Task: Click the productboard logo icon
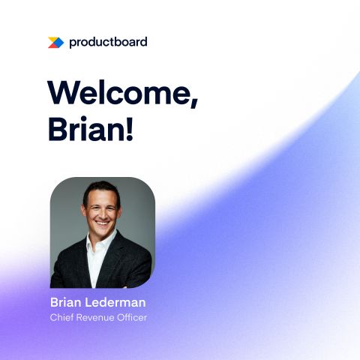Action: pyautogui.click(x=55, y=43)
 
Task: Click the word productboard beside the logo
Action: pyautogui.click(x=108, y=42)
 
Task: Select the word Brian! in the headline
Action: pyautogui.click(x=90, y=128)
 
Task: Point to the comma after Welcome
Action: pyautogui.click(x=194, y=103)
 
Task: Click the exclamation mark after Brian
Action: pyautogui.click(x=130, y=128)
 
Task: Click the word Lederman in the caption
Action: pyautogui.click(x=115, y=302)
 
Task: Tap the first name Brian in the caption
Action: pyautogui.click(x=66, y=302)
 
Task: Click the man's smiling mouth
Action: pyautogui.click(x=102, y=222)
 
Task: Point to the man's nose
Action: pyautogui.click(x=102, y=213)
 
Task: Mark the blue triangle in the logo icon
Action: pyautogui.click(x=59, y=43)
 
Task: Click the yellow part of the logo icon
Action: pyautogui.click(x=52, y=40)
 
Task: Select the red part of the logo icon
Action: pyautogui.click(x=52, y=46)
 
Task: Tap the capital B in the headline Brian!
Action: pyautogui.click(x=57, y=128)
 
